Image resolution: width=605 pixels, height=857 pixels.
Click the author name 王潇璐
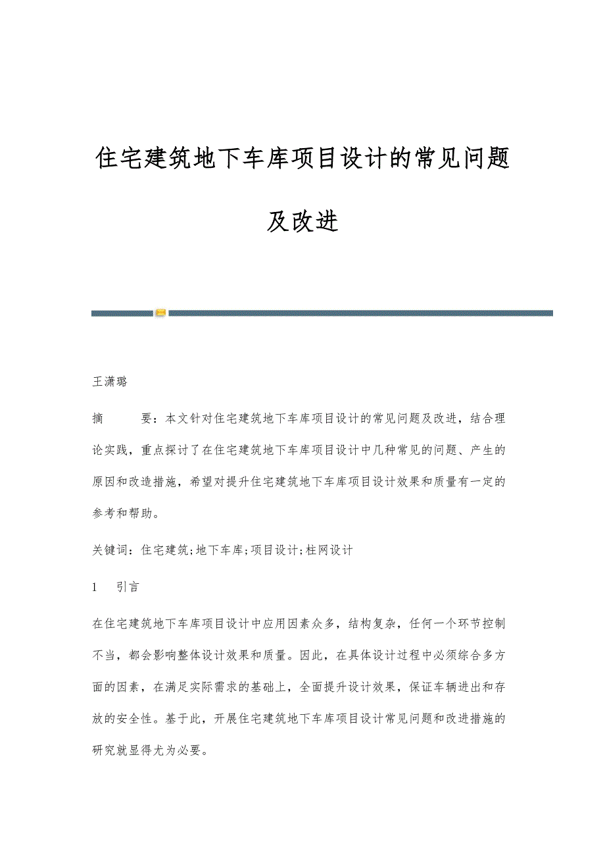point(110,382)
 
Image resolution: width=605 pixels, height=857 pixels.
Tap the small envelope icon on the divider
point(160,313)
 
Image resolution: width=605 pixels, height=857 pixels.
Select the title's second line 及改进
point(302,222)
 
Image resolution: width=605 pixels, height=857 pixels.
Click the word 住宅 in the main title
point(118,159)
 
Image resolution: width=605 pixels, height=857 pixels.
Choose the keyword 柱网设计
point(329,550)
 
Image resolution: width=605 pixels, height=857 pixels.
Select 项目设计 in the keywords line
point(275,550)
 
